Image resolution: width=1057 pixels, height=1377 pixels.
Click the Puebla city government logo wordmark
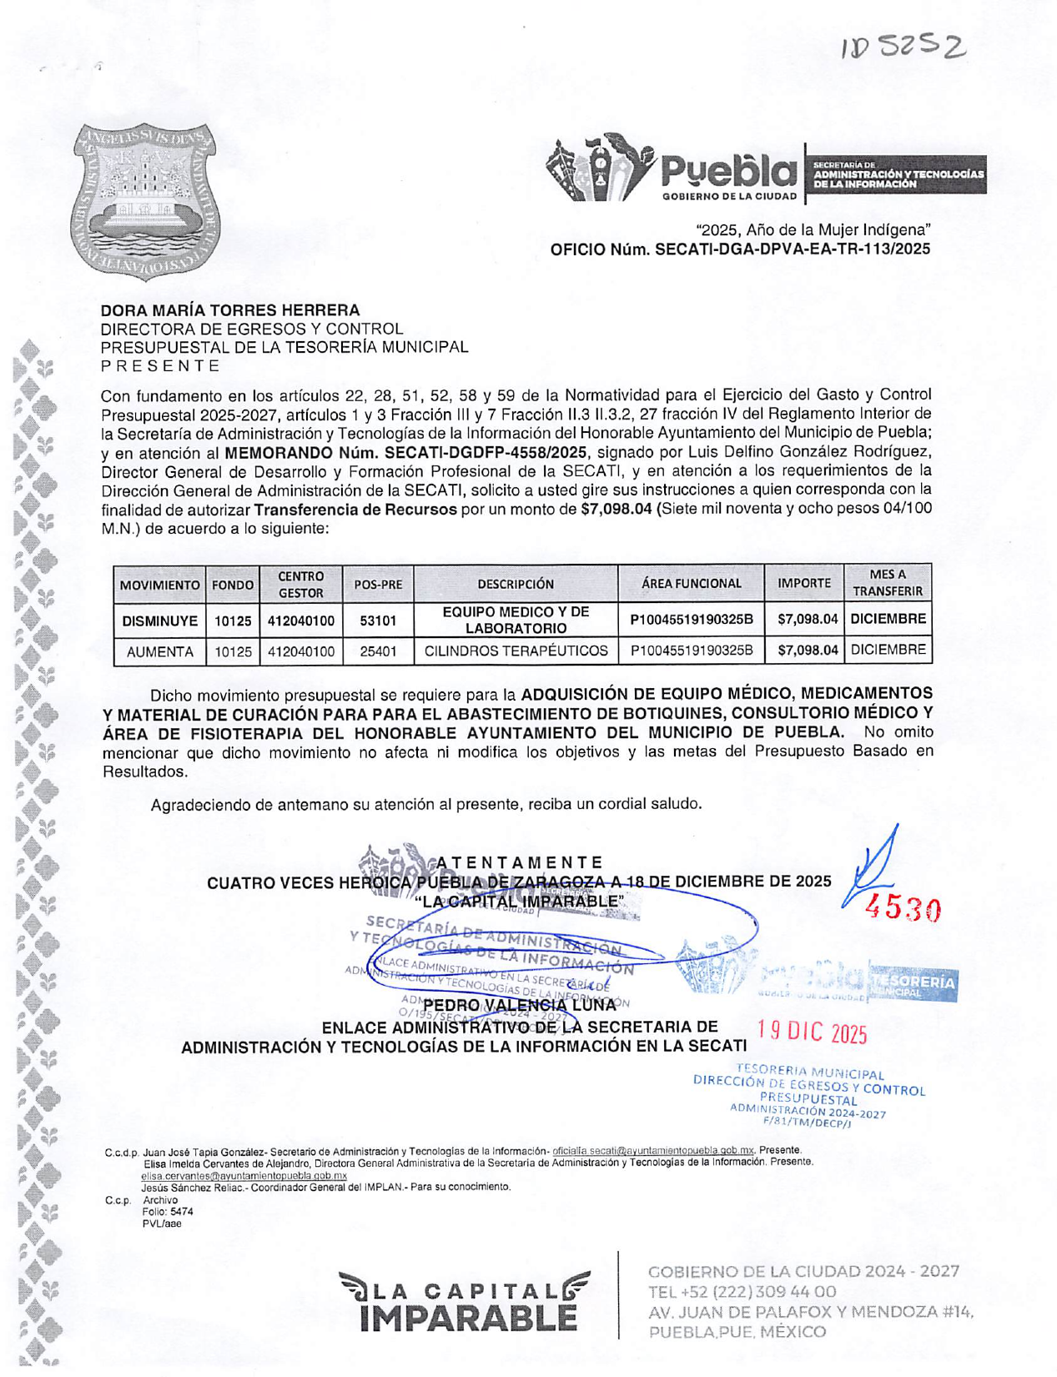tap(728, 170)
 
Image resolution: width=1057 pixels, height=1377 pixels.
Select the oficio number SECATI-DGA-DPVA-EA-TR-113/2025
tap(740, 249)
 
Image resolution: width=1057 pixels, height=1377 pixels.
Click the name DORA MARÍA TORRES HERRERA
tap(230, 310)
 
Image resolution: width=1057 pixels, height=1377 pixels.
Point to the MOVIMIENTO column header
tap(159, 585)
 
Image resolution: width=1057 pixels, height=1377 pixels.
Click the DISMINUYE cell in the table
tap(159, 621)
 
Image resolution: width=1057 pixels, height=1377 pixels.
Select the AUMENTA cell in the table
tap(159, 651)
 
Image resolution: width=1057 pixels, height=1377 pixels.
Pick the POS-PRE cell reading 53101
tap(378, 621)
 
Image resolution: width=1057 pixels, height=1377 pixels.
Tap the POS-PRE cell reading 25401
tap(378, 651)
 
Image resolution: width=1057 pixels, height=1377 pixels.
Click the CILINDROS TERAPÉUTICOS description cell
tap(516, 651)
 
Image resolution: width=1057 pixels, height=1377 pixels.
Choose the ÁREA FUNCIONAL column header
tap(691, 584)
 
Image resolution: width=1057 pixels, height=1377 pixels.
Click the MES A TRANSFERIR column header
tap(887, 583)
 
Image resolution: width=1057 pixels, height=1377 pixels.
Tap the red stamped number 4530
tap(905, 910)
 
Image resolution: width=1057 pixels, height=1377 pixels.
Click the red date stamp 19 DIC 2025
tap(813, 1033)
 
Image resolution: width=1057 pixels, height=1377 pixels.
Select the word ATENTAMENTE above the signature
tap(519, 862)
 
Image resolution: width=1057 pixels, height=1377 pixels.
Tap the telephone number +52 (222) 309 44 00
tap(742, 1292)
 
